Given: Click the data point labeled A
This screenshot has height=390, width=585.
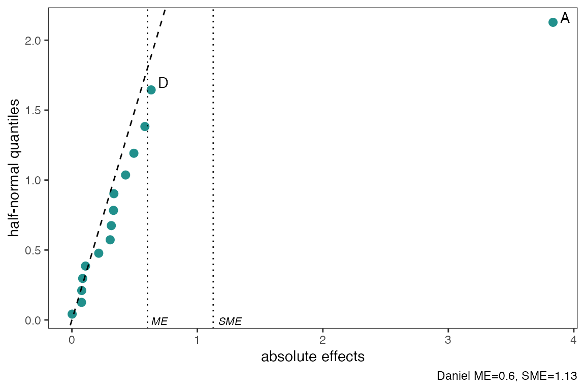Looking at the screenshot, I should point(553,22).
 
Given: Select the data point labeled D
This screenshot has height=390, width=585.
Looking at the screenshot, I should point(151,90).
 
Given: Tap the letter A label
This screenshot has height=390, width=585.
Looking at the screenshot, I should point(565,19).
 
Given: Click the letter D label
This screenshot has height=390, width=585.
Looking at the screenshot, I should point(163,83).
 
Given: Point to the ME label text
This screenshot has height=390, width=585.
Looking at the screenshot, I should point(159,321).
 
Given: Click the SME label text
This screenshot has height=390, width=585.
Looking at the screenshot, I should point(230,321).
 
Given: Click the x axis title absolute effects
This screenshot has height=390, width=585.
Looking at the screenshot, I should point(313,356).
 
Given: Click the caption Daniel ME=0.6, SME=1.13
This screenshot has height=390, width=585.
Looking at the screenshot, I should point(506,376).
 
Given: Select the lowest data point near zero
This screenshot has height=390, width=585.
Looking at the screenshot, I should point(72,314).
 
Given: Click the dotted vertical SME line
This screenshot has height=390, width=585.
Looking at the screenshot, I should point(213,152).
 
